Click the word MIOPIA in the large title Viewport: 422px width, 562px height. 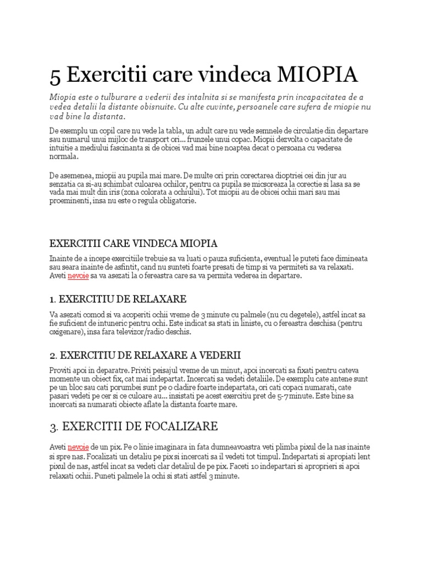(x=319, y=74)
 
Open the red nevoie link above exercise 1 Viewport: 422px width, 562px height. (x=78, y=276)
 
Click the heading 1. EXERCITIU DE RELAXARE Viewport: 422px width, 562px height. (x=118, y=299)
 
